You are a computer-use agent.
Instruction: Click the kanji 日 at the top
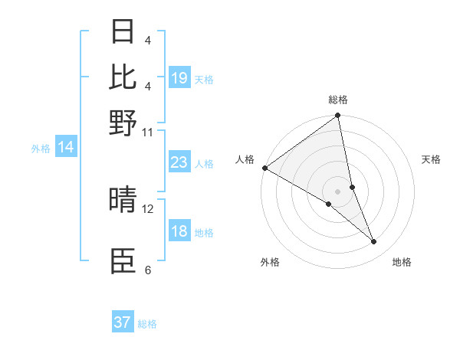point(123,33)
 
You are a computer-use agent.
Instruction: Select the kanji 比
point(123,77)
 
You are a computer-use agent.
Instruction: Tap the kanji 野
point(123,123)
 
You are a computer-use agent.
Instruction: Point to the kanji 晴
point(123,201)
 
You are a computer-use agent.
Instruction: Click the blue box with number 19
point(179,78)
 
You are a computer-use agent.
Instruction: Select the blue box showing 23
point(179,162)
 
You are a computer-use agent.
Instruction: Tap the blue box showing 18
point(179,231)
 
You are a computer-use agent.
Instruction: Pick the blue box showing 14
point(66,148)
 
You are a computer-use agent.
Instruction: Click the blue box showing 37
point(123,322)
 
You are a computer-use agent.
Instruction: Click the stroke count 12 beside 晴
point(149,208)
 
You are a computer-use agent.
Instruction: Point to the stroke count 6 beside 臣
point(148,270)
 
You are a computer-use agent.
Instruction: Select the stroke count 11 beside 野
point(148,132)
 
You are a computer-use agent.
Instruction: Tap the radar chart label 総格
point(338,100)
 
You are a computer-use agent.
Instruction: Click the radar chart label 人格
point(245,159)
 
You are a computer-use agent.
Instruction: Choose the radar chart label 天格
point(431,159)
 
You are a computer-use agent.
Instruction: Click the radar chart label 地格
point(402,262)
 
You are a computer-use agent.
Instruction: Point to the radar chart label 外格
point(270,262)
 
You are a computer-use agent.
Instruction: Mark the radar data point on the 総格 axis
point(338,116)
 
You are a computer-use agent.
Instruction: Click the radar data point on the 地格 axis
point(374,242)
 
